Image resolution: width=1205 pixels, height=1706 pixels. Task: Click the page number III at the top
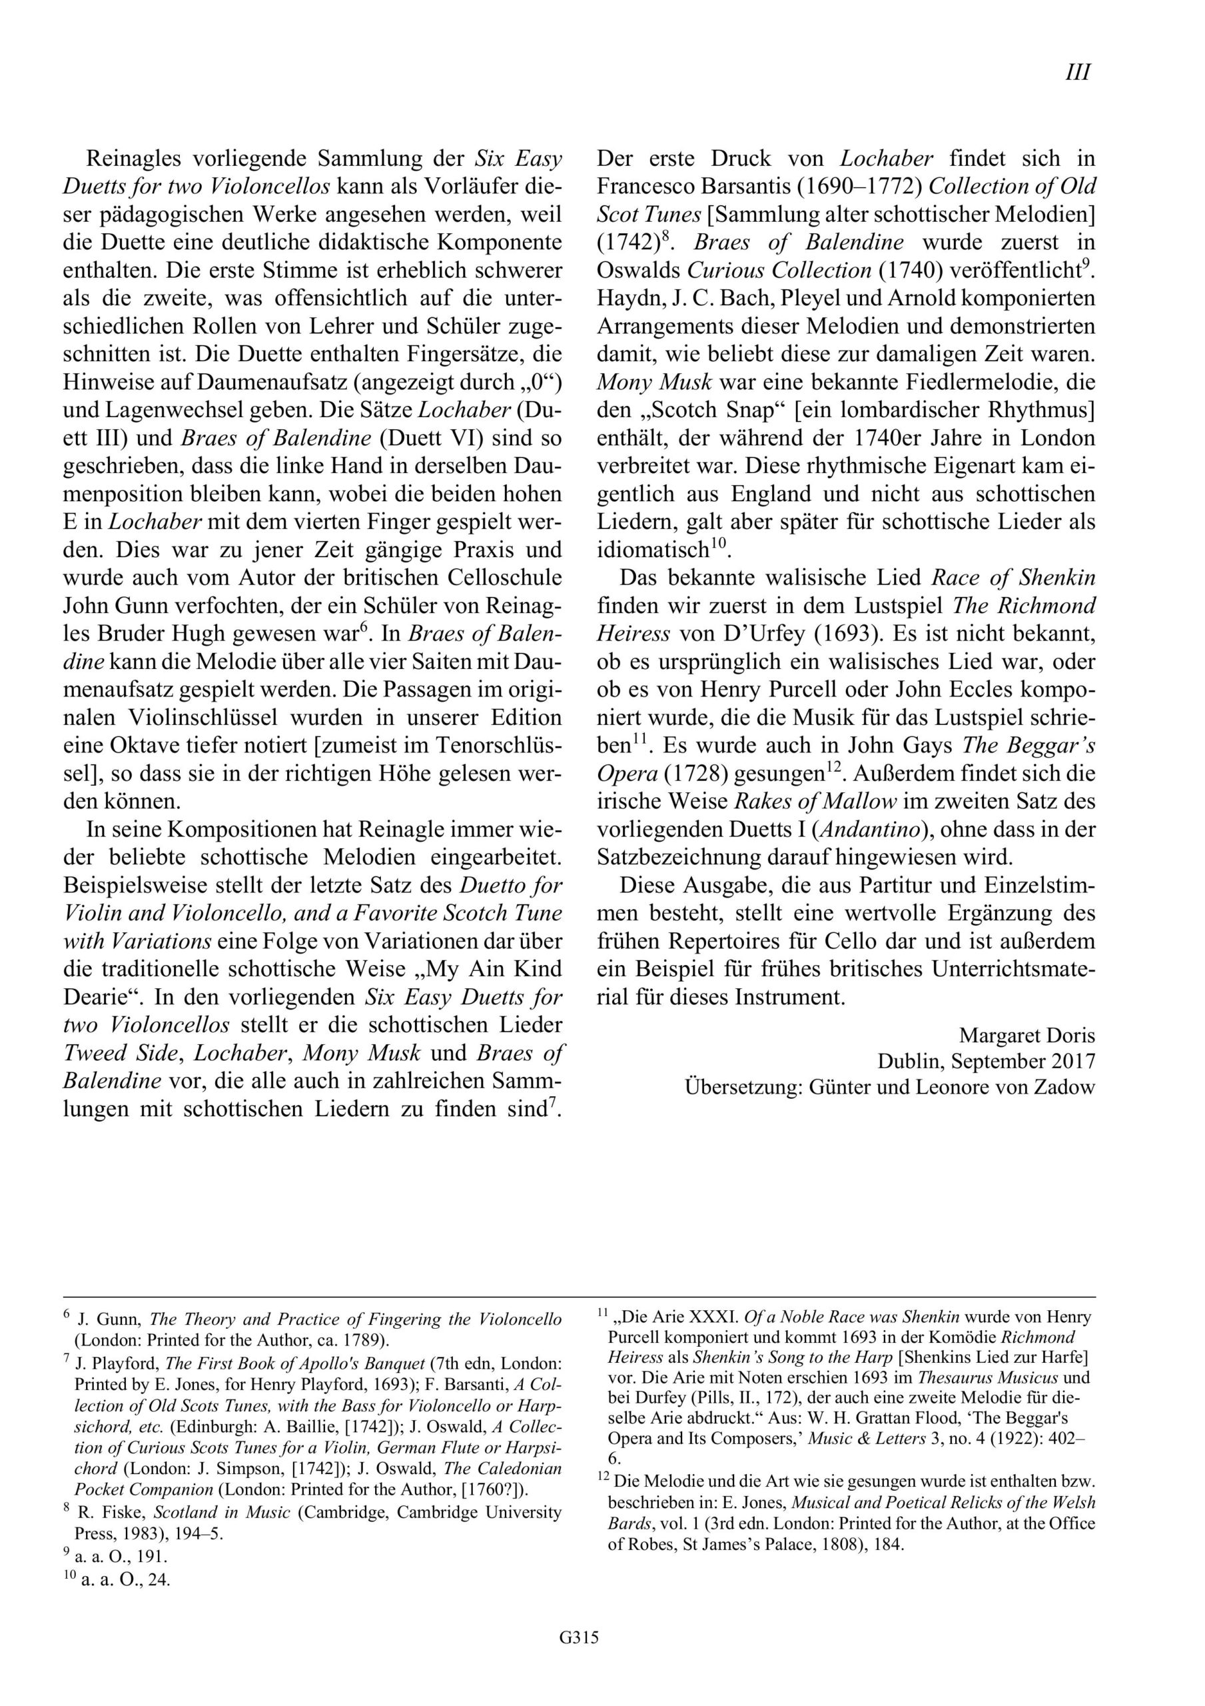click(x=1077, y=72)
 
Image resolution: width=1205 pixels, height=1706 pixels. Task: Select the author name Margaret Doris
click(x=1026, y=1035)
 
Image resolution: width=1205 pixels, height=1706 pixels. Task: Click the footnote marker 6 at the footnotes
click(x=67, y=1314)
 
